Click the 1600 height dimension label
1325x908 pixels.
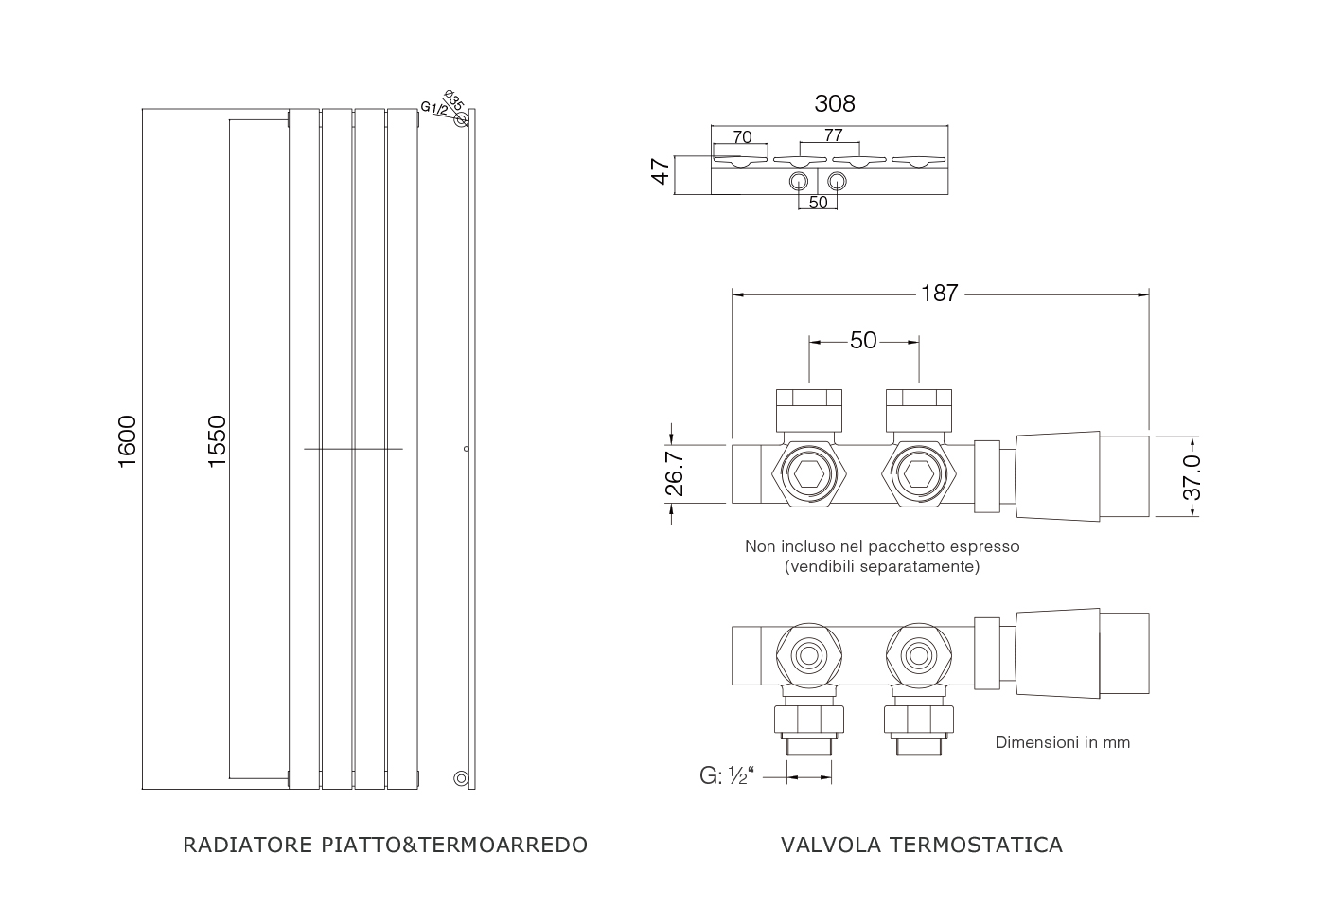click(x=128, y=441)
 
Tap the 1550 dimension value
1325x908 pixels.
click(x=217, y=441)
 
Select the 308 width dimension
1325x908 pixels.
click(x=835, y=103)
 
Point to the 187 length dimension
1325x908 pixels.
click(x=939, y=293)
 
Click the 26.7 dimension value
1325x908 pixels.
click(x=674, y=473)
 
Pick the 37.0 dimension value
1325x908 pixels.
click(x=1192, y=478)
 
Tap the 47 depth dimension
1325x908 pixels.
click(x=661, y=171)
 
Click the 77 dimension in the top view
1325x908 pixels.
click(x=833, y=135)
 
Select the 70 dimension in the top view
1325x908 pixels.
click(x=742, y=136)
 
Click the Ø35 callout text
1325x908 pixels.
click(x=453, y=100)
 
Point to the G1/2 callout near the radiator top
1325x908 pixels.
click(x=434, y=108)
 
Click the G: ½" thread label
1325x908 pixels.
click(x=727, y=775)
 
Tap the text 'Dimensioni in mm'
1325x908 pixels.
click(x=1062, y=742)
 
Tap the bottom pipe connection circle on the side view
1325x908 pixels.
click(x=461, y=777)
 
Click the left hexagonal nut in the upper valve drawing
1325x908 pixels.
click(x=809, y=473)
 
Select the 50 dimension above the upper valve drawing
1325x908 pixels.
click(x=863, y=340)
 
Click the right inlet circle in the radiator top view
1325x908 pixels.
click(x=837, y=181)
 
